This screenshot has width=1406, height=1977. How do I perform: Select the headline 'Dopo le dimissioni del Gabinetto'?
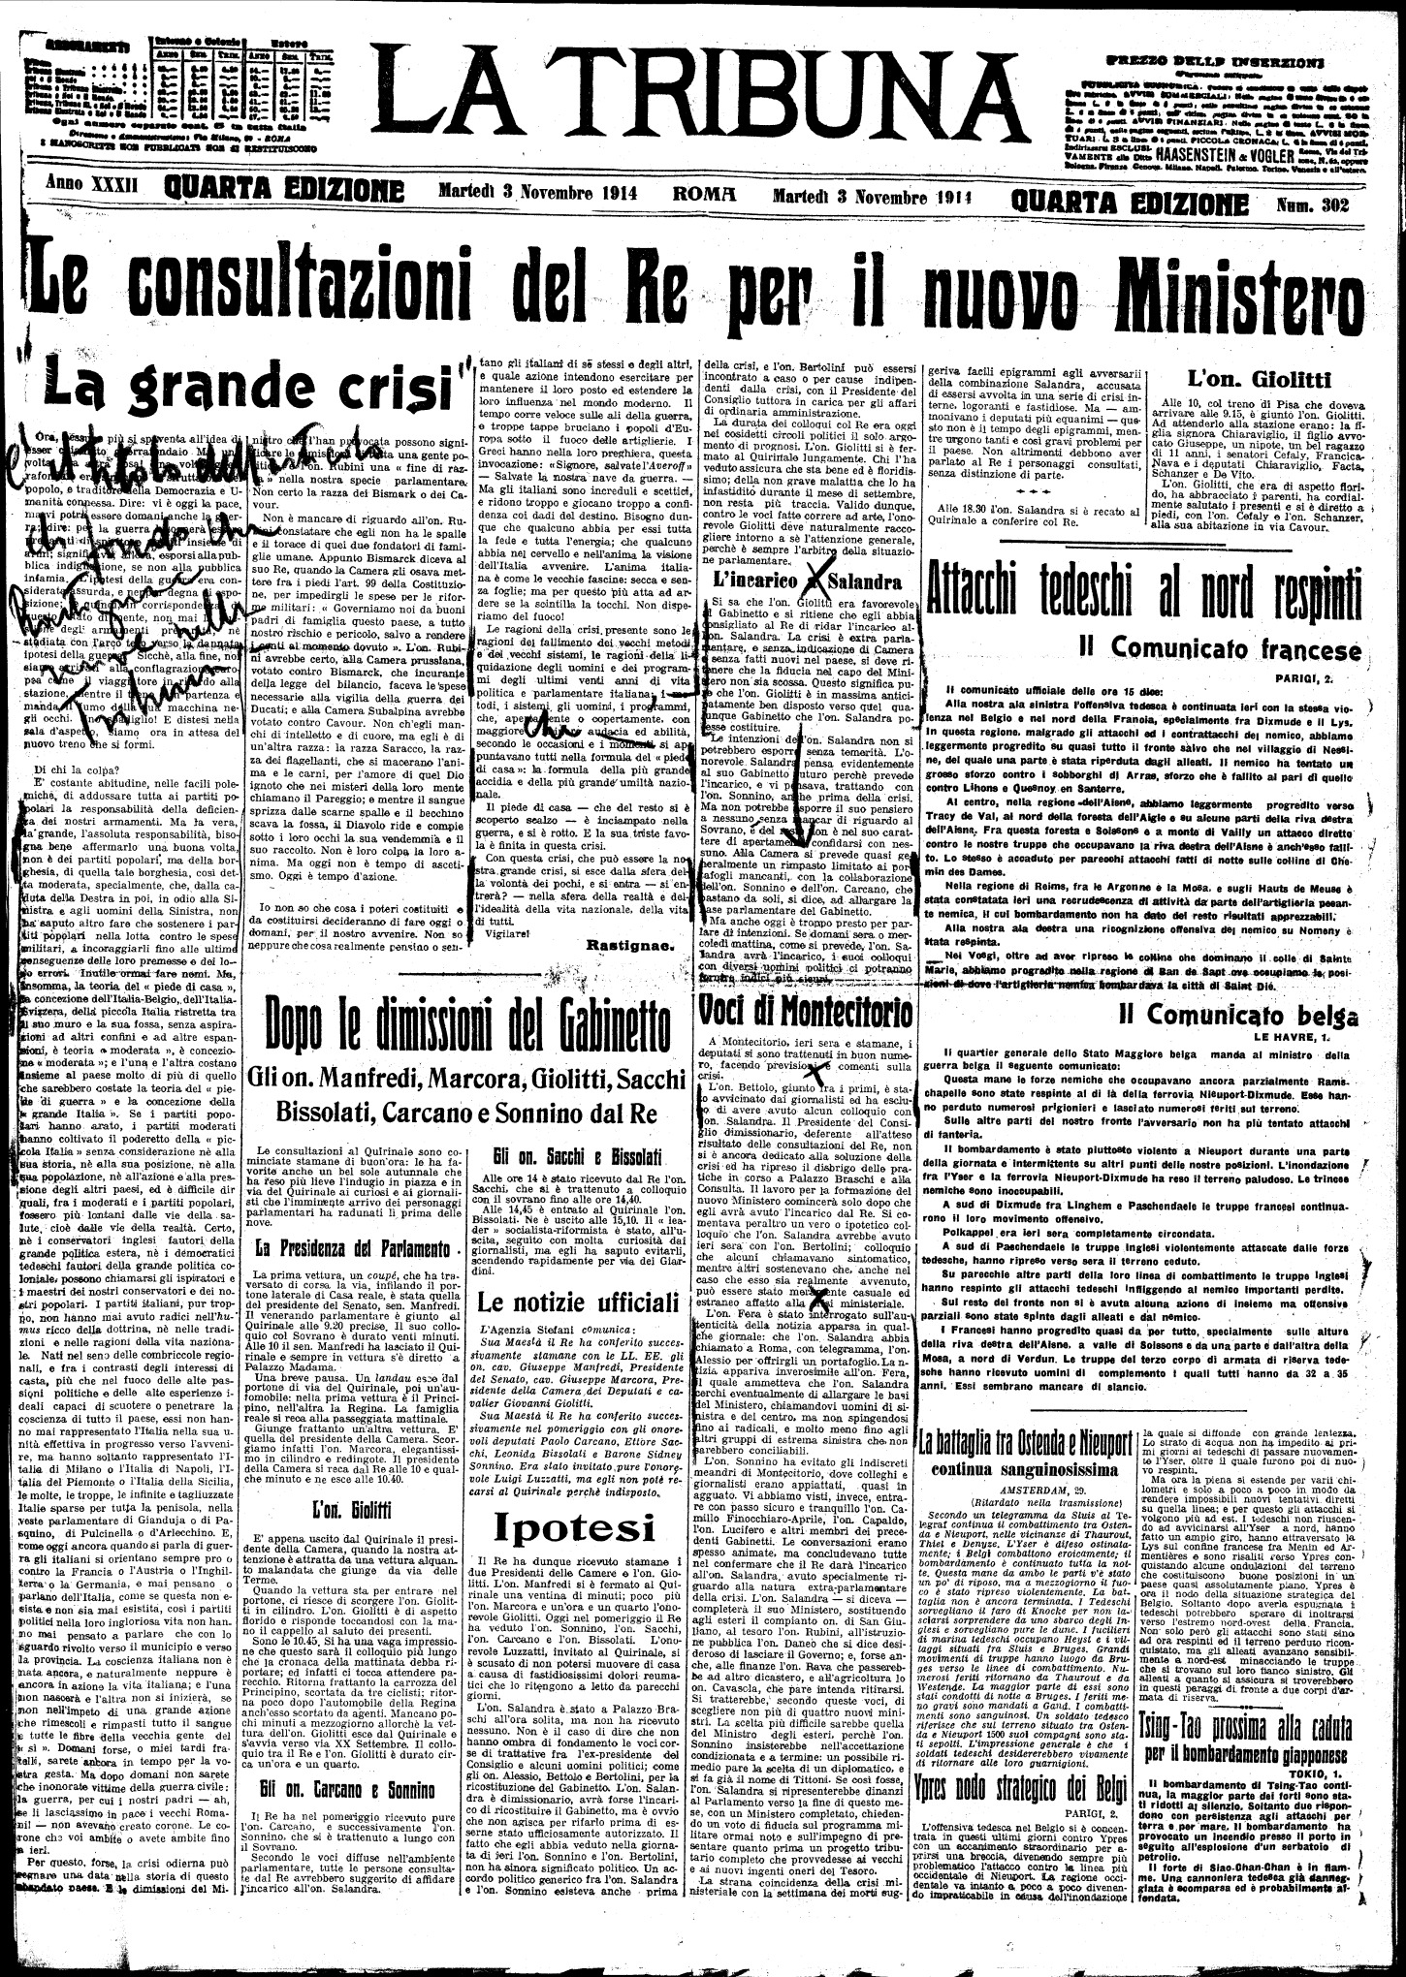[x=469, y=1028]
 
